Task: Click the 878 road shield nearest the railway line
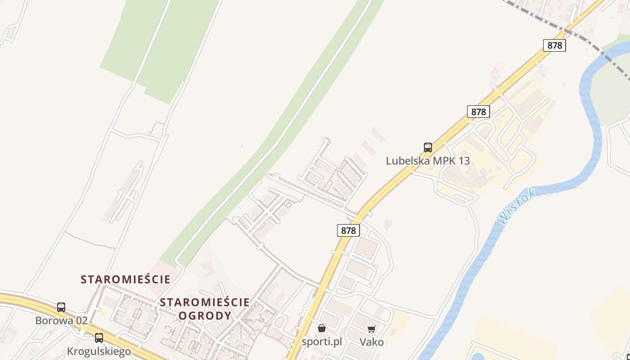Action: (554, 45)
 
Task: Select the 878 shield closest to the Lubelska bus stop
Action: (478, 112)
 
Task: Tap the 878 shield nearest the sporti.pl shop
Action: (348, 230)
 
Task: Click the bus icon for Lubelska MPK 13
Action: (427, 147)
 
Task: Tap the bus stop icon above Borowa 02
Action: (61, 307)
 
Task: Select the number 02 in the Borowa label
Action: (81, 321)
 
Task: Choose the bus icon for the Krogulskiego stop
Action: (99, 337)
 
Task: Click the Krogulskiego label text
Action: (99, 351)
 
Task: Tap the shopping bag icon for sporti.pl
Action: (321, 328)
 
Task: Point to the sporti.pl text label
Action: (322, 342)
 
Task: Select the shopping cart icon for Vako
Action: (371, 329)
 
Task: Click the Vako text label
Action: (372, 342)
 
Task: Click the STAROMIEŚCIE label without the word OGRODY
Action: (126, 279)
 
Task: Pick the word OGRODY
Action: (205, 315)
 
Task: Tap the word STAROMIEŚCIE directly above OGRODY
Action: (205, 302)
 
